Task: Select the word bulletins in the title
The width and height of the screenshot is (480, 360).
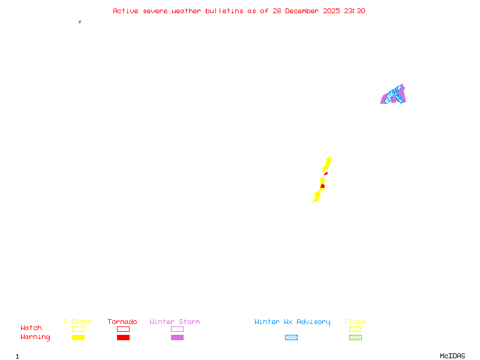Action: tap(224, 11)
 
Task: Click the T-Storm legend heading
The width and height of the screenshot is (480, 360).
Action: tap(77, 322)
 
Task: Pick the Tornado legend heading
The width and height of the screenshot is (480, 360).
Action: tap(122, 322)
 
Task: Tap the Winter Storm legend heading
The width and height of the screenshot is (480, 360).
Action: tap(175, 322)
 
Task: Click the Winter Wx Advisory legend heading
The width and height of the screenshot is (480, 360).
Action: tap(292, 322)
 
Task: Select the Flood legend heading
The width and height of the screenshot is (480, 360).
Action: tap(355, 322)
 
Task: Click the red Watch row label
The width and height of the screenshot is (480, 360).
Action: tap(31, 328)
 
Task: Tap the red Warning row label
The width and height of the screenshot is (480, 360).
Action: tap(35, 337)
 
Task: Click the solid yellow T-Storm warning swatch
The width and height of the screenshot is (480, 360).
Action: tap(78, 337)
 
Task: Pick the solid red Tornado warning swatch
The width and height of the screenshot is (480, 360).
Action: tap(123, 337)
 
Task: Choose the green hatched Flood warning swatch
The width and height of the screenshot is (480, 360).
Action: tap(355, 337)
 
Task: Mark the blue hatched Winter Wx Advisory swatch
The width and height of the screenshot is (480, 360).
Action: tap(291, 337)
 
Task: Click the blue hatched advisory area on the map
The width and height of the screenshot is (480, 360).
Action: tap(394, 94)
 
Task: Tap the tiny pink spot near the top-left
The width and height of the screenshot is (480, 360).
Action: tap(80, 22)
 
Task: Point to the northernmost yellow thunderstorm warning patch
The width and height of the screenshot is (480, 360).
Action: tap(327, 163)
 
